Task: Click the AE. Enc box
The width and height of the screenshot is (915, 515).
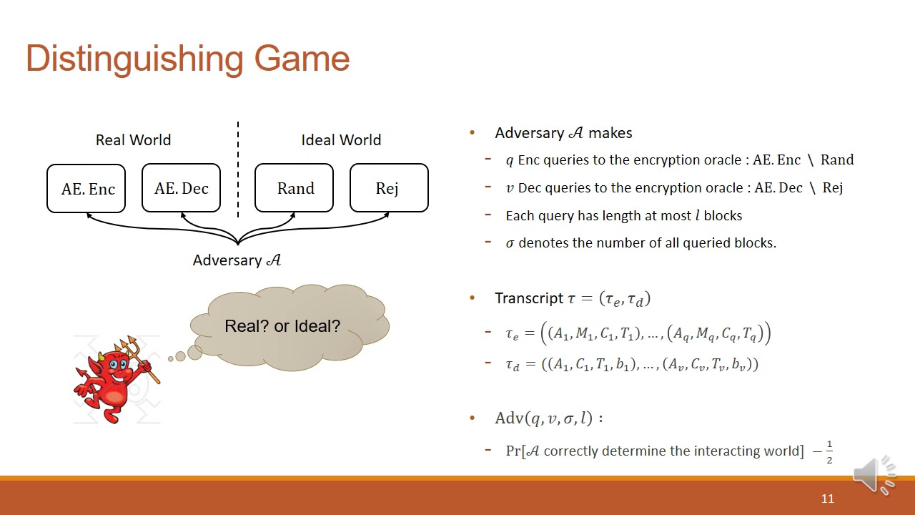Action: (x=86, y=189)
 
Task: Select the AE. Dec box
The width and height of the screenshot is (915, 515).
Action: (x=181, y=188)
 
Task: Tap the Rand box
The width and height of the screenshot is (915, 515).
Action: (x=295, y=188)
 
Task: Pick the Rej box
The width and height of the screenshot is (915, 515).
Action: (x=388, y=188)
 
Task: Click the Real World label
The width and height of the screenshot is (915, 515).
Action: (x=133, y=140)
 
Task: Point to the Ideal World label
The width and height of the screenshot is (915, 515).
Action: (x=341, y=140)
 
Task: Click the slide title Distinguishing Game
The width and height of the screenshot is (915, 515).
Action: (x=187, y=59)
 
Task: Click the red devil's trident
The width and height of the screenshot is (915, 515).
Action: (x=136, y=353)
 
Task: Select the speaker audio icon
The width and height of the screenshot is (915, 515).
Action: (x=874, y=474)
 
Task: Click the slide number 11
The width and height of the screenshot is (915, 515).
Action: (x=827, y=499)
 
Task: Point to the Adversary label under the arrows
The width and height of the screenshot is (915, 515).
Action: (x=237, y=260)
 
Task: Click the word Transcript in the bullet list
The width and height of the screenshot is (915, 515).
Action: (x=529, y=298)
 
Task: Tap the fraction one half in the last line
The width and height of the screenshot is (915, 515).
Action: (x=829, y=452)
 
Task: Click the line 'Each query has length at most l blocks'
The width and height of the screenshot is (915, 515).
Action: (x=623, y=215)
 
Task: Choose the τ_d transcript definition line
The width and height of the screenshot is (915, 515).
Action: (x=632, y=364)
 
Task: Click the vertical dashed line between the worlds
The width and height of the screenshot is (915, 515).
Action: (x=238, y=169)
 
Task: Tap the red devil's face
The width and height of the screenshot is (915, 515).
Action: (x=117, y=367)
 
